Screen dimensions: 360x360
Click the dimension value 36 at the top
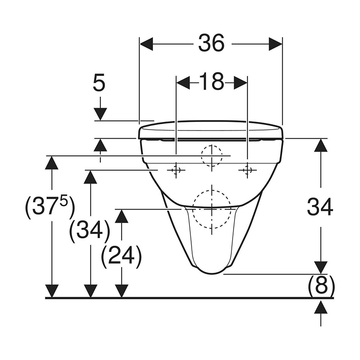pos(211,44)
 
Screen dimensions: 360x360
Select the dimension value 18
pos(211,82)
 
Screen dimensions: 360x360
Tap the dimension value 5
pos(99,84)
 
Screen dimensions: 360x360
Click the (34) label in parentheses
pos(90,231)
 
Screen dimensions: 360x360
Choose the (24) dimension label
pos(121,256)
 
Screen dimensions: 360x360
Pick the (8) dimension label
pos(320,284)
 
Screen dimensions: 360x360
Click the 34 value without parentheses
pos(320,207)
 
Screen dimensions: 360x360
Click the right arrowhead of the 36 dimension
pos(275,44)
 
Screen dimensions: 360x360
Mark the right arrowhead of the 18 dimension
pos(241,83)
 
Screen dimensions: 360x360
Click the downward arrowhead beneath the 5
pos(100,114)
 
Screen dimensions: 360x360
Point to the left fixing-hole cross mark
pos(175,170)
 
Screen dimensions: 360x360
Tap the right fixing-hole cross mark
pos(247,170)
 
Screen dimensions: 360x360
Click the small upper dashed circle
pos(212,156)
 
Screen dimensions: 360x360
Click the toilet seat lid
pos(211,129)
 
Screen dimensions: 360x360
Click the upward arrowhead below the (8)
pos(320,308)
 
